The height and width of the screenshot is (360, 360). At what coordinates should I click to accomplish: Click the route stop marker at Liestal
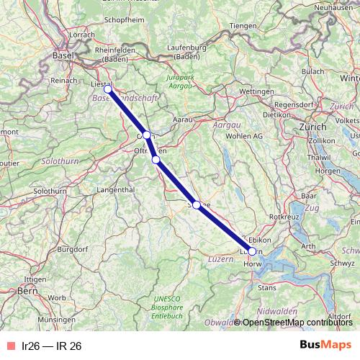tap(108, 89)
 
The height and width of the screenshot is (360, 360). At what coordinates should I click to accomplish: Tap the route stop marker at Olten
tap(146, 135)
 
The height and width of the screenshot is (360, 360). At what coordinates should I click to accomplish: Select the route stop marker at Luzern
tap(251, 251)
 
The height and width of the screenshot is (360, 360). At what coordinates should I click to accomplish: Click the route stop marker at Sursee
tap(197, 205)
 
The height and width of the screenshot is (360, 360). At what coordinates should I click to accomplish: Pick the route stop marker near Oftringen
tap(156, 159)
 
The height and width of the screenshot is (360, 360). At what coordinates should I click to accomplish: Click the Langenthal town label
tap(115, 190)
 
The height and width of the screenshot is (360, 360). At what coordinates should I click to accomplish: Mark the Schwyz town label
tap(342, 264)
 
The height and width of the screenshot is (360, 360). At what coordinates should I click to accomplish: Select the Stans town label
tap(267, 287)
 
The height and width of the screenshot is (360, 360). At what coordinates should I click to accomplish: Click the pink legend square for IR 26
tap(10, 346)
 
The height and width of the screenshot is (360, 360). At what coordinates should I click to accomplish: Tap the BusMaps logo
tap(325, 345)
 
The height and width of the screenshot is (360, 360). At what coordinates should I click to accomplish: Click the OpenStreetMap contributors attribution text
tap(297, 322)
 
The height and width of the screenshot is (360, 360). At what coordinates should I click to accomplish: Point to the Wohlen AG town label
tap(246, 135)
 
